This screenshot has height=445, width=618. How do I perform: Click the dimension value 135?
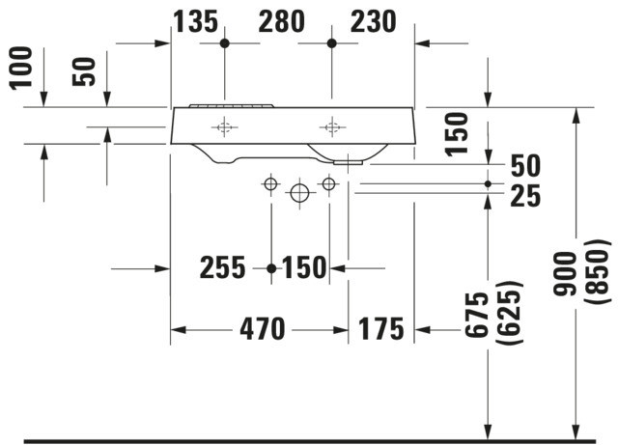(195, 21)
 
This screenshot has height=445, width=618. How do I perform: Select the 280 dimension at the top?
(281, 21)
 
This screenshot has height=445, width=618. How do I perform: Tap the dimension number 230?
(373, 21)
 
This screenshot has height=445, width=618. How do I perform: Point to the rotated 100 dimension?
(21, 69)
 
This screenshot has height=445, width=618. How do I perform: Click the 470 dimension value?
(262, 329)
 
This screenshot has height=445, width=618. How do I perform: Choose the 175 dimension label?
(380, 329)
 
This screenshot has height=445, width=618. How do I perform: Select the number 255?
(222, 267)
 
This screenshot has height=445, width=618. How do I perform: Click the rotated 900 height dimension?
(564, 273)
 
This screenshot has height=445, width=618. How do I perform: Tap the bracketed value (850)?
(599, 272)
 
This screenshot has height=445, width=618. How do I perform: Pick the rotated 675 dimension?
(476, 315)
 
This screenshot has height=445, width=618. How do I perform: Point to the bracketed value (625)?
(510, 313)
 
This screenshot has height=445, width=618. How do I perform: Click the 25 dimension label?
(525, 196)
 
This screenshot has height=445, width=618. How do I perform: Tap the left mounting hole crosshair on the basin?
(225, 127)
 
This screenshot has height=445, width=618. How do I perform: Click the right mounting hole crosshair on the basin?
(332, 127)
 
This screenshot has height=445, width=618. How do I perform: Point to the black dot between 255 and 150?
(271, 268)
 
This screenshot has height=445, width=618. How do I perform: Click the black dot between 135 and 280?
(225, 43)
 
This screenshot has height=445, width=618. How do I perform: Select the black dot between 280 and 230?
(332, 43)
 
